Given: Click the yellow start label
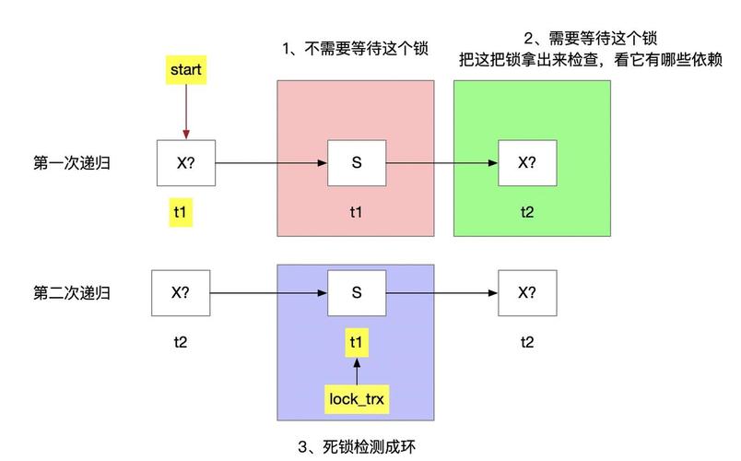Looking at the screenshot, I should point(185,69).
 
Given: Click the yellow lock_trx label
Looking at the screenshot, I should point(356,399).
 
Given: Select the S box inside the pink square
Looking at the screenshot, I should point(356,163).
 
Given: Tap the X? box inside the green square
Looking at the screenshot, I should point(526,163).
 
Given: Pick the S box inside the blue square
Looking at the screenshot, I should point(356,293).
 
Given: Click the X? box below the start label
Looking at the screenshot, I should point(185,163).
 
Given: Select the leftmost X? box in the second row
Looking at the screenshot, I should point(181,293).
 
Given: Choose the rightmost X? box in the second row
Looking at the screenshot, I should point(526,293).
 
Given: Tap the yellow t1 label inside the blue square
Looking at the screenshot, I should point(356,343).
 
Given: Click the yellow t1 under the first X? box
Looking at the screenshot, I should point(181,213).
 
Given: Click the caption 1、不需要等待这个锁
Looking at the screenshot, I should point(355,49).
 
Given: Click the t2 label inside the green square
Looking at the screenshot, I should point(526,212).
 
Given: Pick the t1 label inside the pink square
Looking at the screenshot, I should point(356,212).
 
